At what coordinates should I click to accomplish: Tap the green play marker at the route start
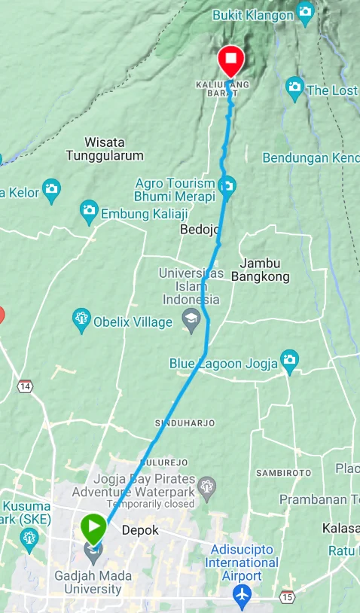pyautogui.click(x=94, y=527)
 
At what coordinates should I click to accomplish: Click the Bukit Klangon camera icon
pyautogui.click(x=305, y=12)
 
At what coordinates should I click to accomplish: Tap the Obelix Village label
pyautogui.click(x=133, y=322)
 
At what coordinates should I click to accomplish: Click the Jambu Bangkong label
pyautogui.click(x=260, y=270)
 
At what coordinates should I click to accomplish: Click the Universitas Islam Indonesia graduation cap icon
pyautogui.click(x=191, y=319)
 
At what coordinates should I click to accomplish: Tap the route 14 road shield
pyautogui.click(x=26, y=386)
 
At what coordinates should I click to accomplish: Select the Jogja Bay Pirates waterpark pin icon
pyautogui.click(x=208, y=485)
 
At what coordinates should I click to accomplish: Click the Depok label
pyautogui.click(x=140, y=530)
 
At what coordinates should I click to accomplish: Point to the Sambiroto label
pyautogui.click(x=283, y=473)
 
